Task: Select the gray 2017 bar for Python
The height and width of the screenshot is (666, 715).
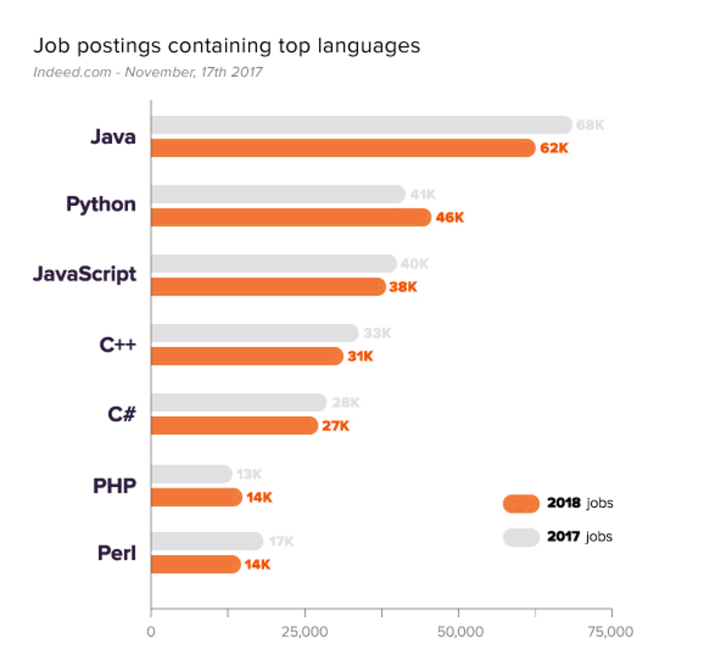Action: pyautogui.click(x=278, y=194)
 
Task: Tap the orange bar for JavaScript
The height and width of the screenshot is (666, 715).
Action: pyautogui.click(x=268, y=287)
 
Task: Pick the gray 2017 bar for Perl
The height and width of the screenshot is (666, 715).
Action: pyautogui.click(x=207, y=541)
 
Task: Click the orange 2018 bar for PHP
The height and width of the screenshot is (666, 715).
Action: pyautogui.click(x=196, y=497)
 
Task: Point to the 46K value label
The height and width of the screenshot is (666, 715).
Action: pyautogui.click(x=449, y=217)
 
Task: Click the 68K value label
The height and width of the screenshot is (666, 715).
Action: pyautogui.click(x=590, y=125)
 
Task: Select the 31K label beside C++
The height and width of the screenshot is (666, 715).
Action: pyautogui.click(x=360, y=356)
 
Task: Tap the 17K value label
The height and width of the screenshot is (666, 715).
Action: pyautogui.click(x=281, y=541)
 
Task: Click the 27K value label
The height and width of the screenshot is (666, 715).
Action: pyautogui.click(x=336, y=426)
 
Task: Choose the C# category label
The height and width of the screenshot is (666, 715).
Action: pyautogui.click(x=121, y=414)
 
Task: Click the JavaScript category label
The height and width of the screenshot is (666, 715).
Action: pyautogui.click(x=85, y=274)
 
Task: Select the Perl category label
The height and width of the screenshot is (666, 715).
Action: pyautogui.click(x=116, y=553)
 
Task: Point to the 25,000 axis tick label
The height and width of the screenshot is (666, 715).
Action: pyautogui.click(x=305, y=632)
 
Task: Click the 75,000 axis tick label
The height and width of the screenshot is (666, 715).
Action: pyautogui.click(x=610, y=632)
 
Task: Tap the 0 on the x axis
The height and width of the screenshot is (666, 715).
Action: pyautogui.click(x=151, y=632)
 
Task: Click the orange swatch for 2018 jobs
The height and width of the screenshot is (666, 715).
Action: pyautogui.click(x=521, y=503)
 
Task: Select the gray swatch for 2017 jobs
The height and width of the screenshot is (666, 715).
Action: pyautogui.click(x=521, y=537)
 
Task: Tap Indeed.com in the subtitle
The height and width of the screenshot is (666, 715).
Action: pyautogui.click(x=72, y=72)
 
